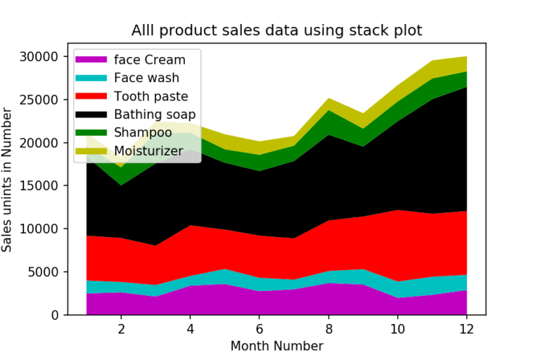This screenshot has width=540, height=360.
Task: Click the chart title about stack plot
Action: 277,30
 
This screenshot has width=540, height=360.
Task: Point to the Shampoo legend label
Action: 143,131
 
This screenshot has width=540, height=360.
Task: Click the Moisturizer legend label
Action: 150,150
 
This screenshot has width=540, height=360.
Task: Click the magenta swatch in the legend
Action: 93,60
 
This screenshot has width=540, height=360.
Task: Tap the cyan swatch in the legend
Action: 93,78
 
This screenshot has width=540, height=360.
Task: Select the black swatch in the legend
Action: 93,114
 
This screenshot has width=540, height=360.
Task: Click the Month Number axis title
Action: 277,346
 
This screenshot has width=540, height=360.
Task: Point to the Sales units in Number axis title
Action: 8,180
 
